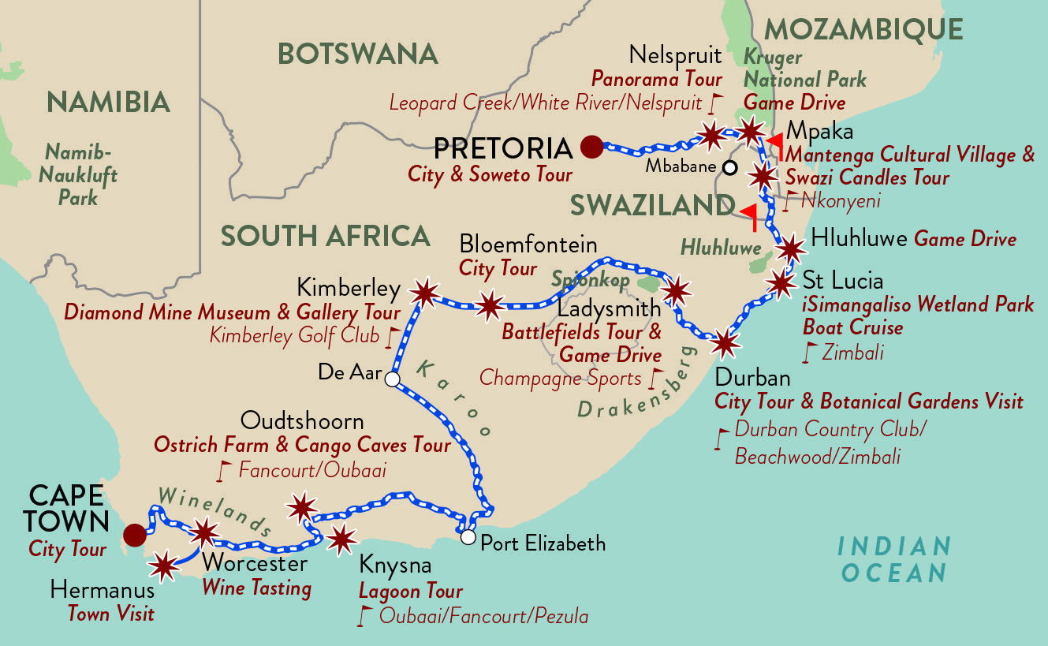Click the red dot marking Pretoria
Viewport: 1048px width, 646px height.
tap(591, 146)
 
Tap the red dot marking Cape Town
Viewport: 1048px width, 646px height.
tap(135, 535)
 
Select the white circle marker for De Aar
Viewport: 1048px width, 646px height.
tap(392, 380)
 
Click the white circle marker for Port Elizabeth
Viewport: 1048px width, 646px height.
tap(468, 537)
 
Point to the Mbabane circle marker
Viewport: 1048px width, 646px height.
tap(730, 167)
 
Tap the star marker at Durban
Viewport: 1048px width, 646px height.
tap(725, 343)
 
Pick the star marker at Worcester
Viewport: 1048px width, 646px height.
tap(204, 532)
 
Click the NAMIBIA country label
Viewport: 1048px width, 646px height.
tap(108, 102)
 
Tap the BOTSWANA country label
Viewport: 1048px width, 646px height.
tap(357, 54)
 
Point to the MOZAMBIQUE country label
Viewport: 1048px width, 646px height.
tap(863, 30)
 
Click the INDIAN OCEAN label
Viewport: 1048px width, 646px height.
tap(893, 559)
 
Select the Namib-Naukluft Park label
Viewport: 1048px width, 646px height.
tap(80, 174)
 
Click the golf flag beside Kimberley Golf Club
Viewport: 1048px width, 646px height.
tap(390, 338)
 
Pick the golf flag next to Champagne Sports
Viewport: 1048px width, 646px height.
tap(654, 379)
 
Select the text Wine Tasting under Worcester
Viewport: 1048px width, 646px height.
tap(256, 588)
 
